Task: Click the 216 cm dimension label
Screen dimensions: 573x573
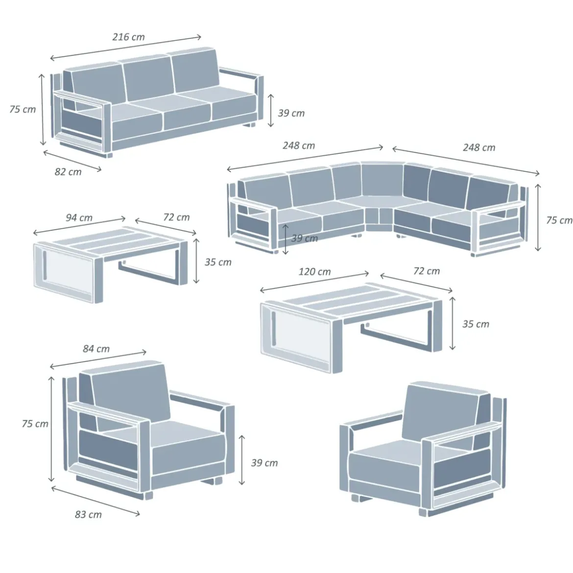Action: pos(128,37)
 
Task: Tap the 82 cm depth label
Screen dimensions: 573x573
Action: pos(68,172)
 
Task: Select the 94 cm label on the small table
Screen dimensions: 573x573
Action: pos(79,218)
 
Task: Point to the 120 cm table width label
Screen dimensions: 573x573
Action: pos(314,272)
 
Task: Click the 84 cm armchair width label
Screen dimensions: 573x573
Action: pos(96,349)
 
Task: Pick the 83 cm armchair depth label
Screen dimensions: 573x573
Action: pos(88,515)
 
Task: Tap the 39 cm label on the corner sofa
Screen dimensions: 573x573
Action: pos(305,239)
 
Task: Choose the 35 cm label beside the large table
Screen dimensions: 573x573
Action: pos(476,324)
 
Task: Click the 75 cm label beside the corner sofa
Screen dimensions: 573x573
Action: pos(559,220)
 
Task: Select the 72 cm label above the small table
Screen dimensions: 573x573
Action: pos(176,217)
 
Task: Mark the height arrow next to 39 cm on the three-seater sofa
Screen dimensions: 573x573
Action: pos(271,110)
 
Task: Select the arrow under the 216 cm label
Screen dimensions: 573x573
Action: pos(126,48)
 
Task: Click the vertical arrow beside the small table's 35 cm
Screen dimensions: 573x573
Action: pos(196,261)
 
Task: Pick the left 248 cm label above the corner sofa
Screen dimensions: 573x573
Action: pos(299,146)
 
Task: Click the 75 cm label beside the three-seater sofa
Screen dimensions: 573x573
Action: pos(23,109)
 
